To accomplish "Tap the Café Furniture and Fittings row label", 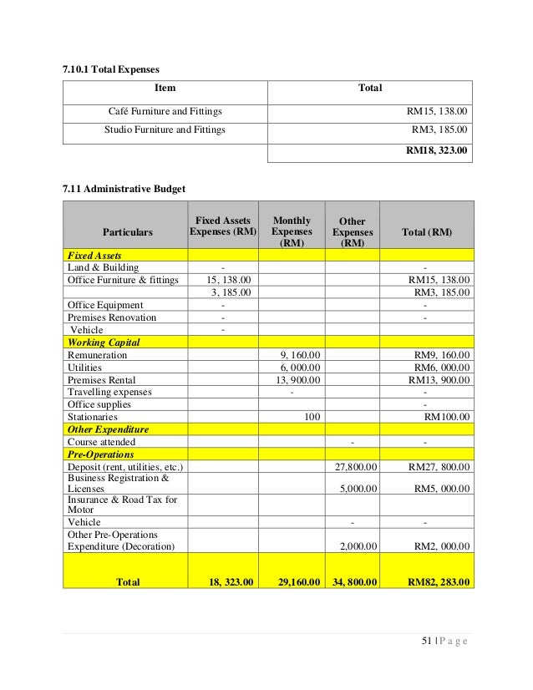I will click(165, 110).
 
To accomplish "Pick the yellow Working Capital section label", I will click(104, 342).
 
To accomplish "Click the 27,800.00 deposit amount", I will click(356, 467).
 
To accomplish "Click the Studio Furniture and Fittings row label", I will click(165, 130).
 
